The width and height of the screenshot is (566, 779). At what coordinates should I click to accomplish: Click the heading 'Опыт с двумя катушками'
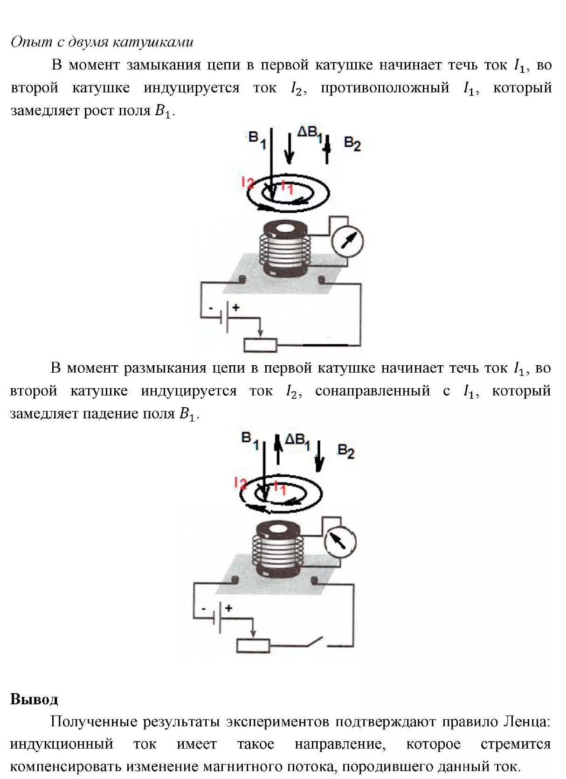[x=102, y=42]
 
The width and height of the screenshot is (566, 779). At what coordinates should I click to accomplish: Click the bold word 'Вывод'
[x=34, y=699]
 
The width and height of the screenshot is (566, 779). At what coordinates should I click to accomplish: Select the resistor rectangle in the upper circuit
[x=260, y=345]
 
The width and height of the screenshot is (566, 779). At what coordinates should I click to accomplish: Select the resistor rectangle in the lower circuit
[x=253, y=646]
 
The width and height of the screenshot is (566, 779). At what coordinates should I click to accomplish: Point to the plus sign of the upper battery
[x=236, y=308]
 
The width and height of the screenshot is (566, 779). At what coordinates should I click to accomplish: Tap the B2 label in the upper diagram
[x=352, y=144]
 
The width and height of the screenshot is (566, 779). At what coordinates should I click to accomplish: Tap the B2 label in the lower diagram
[x=345, y=451]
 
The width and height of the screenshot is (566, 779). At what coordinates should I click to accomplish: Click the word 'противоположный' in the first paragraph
[x=385, y=88]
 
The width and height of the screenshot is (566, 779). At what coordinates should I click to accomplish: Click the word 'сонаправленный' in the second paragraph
[x=373, y=390]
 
